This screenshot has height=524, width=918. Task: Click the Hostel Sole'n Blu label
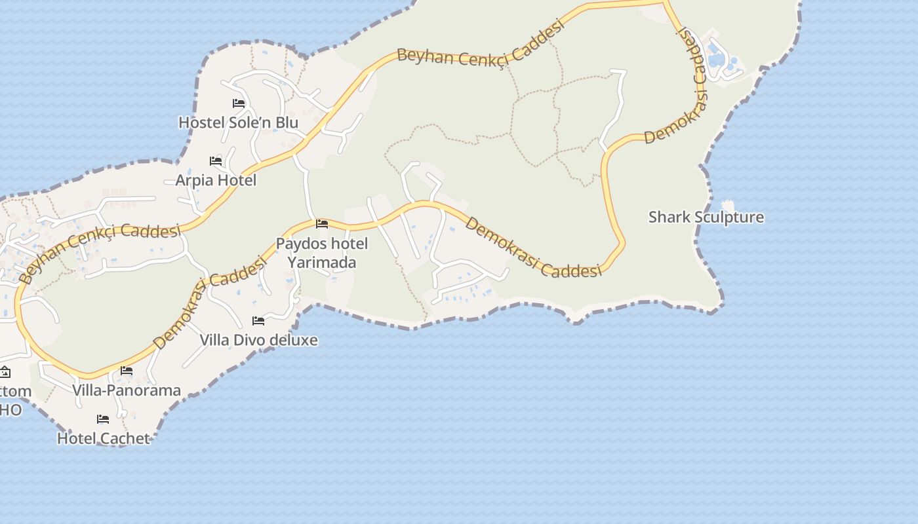click(238, 122)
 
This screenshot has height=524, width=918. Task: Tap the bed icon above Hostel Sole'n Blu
click(239, 103)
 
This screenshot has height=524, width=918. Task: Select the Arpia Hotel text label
click(216, 180)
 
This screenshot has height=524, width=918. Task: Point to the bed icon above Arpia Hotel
click(216, 160)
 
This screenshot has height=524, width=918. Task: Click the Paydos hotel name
click(321, 244)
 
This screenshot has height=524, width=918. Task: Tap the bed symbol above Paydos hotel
click(322, 224)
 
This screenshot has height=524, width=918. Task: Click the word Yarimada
click(321, 263)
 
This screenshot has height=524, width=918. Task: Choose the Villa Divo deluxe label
click(258, 340)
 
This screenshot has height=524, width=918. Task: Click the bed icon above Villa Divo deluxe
click(258, 321)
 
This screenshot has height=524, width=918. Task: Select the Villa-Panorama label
click(127, 390)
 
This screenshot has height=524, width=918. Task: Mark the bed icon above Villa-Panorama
click(127, 371)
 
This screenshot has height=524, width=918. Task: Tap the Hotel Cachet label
click(103, 438)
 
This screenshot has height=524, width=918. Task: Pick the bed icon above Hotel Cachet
click(103, 419)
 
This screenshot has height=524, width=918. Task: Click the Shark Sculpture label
click(706, 217)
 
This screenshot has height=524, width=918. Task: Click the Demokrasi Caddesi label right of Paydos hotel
click(533, 248)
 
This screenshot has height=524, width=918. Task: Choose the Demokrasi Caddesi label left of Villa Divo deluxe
click(210, 302)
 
